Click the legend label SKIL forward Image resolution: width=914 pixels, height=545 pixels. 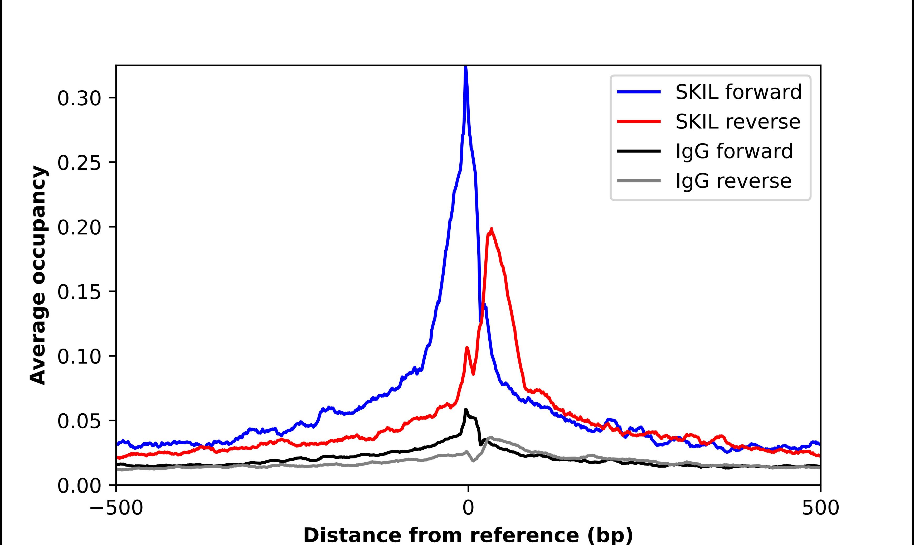click(x=738, y=92)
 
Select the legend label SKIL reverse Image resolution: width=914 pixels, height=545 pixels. click(x=738, y=122)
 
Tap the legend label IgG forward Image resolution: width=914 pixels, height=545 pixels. click(x=734, y=151)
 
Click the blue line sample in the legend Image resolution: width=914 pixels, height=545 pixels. click(x=639, y=92)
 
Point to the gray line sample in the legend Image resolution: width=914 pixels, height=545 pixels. click(x=639, y=181)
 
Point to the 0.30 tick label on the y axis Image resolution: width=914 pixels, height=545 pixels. click(x=79, y=98)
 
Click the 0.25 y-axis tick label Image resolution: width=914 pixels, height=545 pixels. click(x=79, y=163)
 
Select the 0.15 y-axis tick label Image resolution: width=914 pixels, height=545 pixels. click(x=79, y=292)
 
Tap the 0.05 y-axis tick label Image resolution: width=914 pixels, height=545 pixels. click(x=79, y=421)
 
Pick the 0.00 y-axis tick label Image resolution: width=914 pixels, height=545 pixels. click(x=79, y=486)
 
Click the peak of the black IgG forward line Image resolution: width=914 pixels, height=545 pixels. click(x=466, y=409)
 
